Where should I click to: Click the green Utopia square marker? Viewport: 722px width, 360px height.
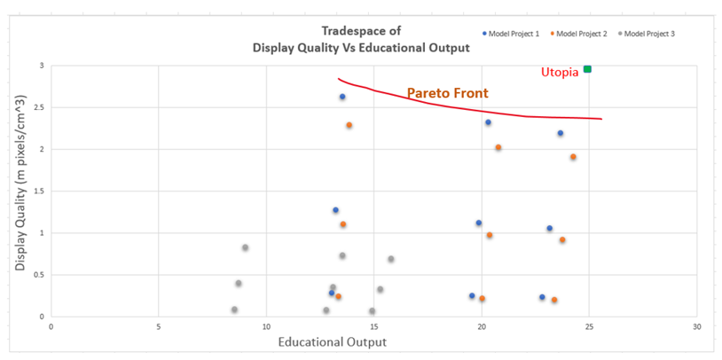[587, 69]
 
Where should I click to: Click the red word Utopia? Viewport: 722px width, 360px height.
[560, 72]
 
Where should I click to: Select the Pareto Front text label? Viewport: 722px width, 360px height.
[448, 92]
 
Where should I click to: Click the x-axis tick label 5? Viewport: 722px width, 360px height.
[159, 327]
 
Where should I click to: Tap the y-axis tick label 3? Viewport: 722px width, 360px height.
[39, 67]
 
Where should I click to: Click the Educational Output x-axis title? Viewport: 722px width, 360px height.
[333, 342]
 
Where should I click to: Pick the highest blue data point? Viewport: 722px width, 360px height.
[342, 97]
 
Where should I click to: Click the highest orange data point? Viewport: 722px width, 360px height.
[349, 125]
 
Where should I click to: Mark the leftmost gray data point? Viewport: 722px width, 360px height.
[234, 309]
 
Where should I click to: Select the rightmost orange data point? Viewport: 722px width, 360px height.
[573, 157]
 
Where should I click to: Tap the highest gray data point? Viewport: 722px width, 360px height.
[245, 247]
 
